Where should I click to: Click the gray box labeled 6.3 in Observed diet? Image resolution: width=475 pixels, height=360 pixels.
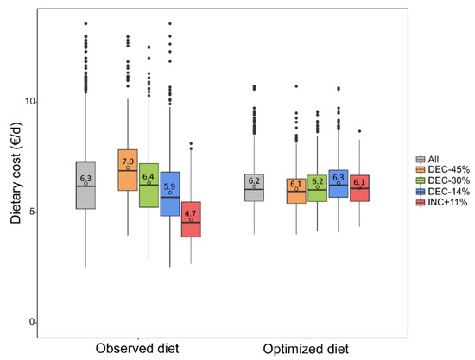click(x=85, y=186)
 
